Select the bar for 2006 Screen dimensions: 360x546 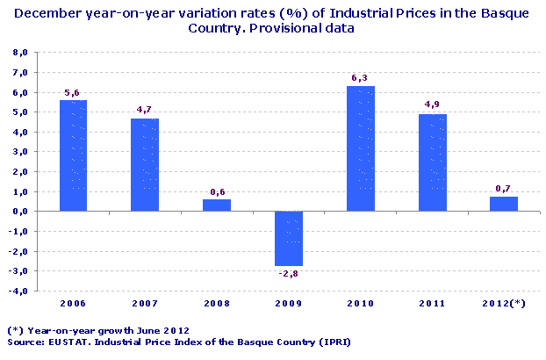[73, 155]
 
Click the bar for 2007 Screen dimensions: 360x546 [145, 164]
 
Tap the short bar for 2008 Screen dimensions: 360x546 [217, 205]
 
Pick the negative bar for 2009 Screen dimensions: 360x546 [289, 238]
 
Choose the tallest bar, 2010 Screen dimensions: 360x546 [360, 148]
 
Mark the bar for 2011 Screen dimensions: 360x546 [432, 162]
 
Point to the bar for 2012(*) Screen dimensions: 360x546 [504, 204]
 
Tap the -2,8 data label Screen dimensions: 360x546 [289, 275]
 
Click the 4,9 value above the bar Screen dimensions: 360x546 [433, 105]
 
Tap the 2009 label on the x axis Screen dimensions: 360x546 [289, 304]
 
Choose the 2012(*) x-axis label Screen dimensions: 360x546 [504, 304]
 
